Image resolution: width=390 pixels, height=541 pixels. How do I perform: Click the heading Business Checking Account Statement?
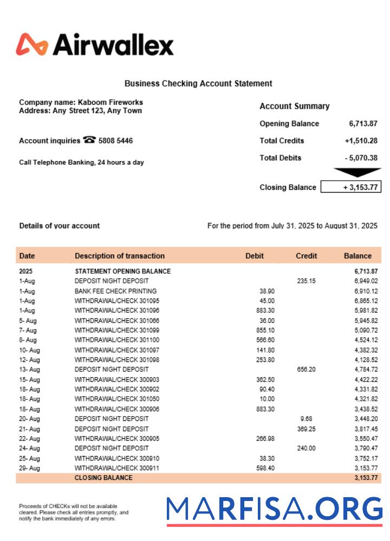point(198,83)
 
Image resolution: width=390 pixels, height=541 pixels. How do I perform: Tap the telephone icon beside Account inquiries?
point(89,140)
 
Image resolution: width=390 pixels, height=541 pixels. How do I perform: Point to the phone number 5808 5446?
point(115,141)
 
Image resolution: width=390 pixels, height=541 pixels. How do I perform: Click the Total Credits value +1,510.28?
point(361,141)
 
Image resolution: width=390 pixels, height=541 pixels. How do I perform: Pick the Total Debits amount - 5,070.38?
point(361,158)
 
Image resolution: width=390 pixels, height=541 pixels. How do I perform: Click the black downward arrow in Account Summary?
point(357,173)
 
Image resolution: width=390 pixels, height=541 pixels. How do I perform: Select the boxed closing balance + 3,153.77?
point(351,187)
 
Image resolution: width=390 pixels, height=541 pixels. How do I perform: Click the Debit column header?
point(255,256)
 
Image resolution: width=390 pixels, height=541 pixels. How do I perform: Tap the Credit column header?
point(307,256)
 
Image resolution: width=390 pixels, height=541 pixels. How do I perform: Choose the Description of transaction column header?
point(120,256)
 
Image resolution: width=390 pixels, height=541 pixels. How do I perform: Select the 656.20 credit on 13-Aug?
point(306,370)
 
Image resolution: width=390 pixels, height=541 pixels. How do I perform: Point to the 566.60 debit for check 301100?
point(265,340)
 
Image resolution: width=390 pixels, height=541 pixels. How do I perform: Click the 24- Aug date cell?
point(29,448)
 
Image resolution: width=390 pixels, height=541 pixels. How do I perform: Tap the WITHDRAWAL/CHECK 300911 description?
point(117,468)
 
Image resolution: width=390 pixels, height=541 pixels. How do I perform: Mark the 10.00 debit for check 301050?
point(267,399)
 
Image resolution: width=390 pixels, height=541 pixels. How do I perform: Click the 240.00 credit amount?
point(306,448)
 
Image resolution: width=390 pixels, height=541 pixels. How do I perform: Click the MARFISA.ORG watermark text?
point(275,509)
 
